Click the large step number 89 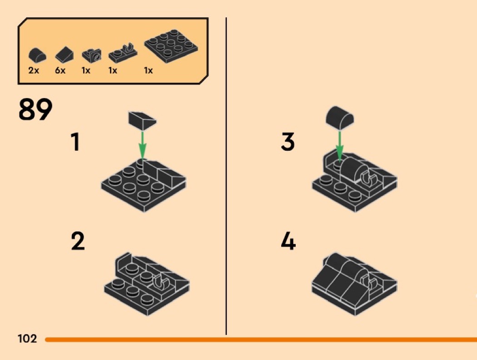tap(35, 109)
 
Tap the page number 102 tap(27, 339)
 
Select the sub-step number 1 tap(75, 142)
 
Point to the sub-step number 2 tap(78, 242)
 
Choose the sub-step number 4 tap(288, 242)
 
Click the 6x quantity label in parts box tap(60, 70)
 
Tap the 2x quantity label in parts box tap(34, 70)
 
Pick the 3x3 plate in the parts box tap(171, 46)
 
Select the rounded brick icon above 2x tap(37, 55)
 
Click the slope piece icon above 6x tap(64, 54)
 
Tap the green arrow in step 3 tap(339, 146)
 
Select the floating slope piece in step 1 tap(142, 121)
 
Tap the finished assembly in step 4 tap(354, 284)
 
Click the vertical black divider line tap(226, 176)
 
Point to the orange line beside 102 tap(261, 339)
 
